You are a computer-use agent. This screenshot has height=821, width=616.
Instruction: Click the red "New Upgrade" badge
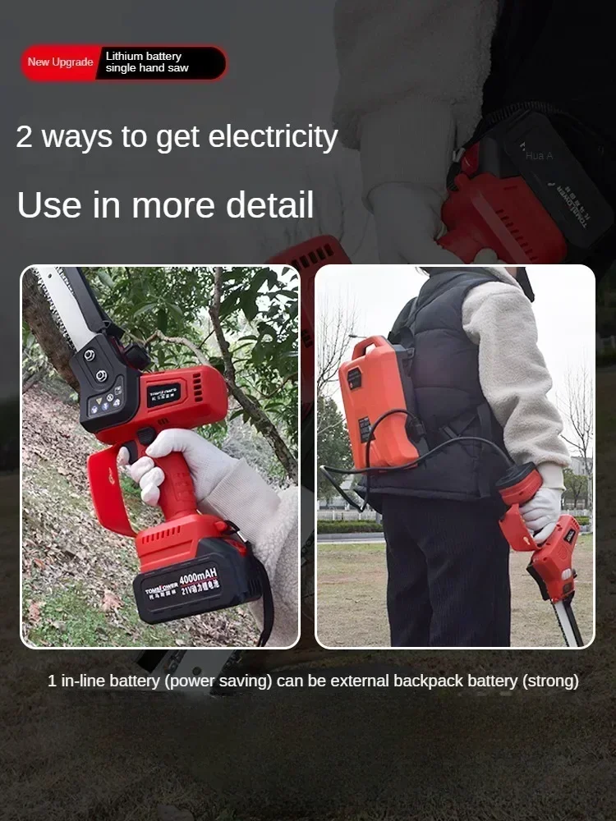(60, 62)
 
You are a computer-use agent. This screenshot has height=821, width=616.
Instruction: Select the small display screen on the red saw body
(164, 394)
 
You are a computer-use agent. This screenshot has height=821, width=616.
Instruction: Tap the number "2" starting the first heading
(25, 137)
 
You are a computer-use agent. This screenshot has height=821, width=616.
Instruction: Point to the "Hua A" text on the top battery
(539, 155)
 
